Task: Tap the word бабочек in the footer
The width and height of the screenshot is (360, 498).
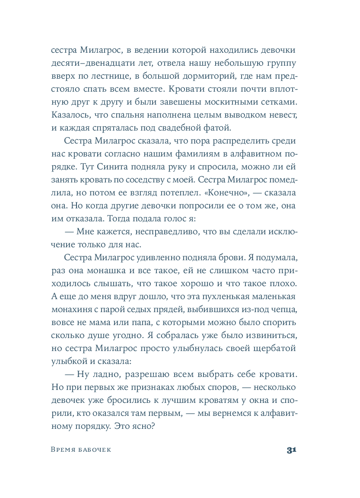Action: click(x=93, y=450)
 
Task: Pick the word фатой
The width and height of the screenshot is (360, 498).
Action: click(x=220, y=128)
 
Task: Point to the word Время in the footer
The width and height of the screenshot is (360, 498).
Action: click(x=63, y=450)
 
